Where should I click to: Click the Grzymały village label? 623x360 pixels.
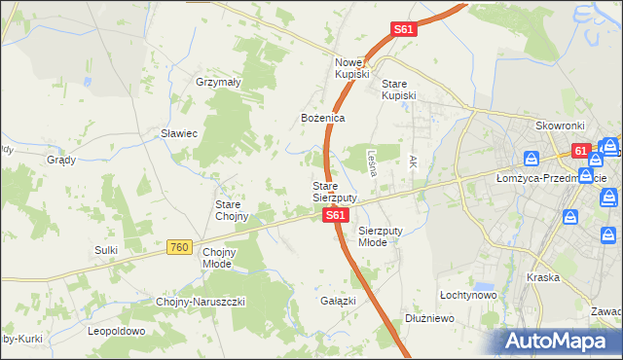218,83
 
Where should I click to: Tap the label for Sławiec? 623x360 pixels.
180,133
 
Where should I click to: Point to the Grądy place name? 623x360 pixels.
60,159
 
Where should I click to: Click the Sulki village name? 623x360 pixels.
106,250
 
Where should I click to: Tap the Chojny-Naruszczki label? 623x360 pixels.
201,302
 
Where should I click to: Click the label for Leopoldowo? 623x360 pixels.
116,331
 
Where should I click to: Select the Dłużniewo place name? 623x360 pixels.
430,318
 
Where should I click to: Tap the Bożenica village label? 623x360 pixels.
322,118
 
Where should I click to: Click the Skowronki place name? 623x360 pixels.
560,126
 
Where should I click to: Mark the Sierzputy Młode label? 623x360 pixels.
379,236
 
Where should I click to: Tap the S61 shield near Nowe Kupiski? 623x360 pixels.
404,30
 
